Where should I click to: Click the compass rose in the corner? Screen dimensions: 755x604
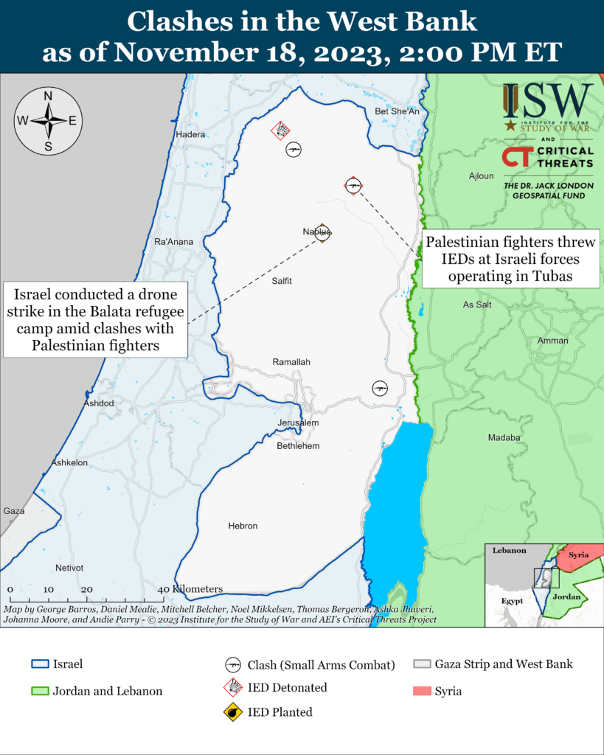(x=48, y=121)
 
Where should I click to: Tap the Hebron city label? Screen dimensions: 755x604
(x=243, y=526)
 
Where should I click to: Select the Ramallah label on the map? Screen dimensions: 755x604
(x=291, y=362)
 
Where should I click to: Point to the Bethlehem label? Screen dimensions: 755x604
(x=298, y=446)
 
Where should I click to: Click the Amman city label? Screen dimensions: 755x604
(x=553, y=341)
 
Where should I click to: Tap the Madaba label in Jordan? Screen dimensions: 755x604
(x=504, y=437)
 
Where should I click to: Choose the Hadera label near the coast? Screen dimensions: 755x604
(x=190, y=135)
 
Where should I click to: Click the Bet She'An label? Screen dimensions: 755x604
(x=397, y=111)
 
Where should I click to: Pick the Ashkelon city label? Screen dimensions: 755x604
(x=69, y=462)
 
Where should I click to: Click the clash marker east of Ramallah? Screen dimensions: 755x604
(x=380, y=388)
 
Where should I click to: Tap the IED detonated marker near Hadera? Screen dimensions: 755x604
(x=280, y=131)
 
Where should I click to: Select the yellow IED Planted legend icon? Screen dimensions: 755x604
(x=234, y=712)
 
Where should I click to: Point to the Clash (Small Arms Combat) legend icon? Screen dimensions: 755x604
(x=234, y=664)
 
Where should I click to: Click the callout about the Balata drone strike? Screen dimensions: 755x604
(x=94, y=319)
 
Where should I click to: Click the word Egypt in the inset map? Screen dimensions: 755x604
(x=511, y=601)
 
